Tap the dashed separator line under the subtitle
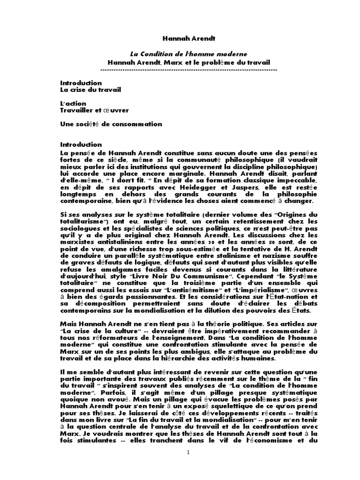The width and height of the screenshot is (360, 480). pos(188,69)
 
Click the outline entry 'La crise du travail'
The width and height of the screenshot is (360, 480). pos(90,90)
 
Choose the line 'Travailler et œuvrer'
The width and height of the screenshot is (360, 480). pos(94,110)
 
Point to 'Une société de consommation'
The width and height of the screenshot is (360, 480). pos(111,124)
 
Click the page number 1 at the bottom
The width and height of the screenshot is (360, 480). pos(188,452)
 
